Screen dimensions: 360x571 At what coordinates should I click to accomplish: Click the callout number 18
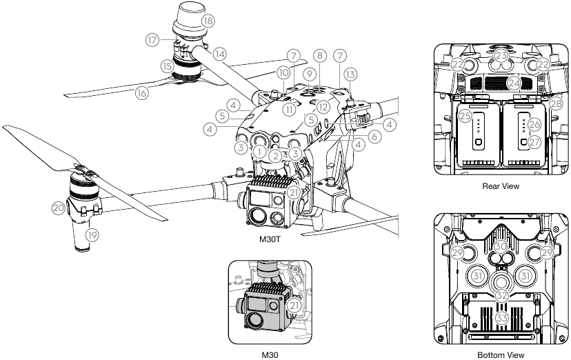point(208,21)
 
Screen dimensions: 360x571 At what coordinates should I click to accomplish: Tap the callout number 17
point(152,40)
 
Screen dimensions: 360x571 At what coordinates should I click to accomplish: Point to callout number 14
point(219,53)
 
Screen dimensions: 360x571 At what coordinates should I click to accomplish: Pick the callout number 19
point(91,235)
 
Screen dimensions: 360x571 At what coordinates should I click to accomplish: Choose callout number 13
point(350,74)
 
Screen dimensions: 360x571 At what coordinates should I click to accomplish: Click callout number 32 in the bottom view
point(501,294)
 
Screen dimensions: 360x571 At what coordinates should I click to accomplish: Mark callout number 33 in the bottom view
point(501,318)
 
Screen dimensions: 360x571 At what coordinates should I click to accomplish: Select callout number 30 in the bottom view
point(501,246)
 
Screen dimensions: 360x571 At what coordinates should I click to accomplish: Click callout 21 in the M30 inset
point(295,304)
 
